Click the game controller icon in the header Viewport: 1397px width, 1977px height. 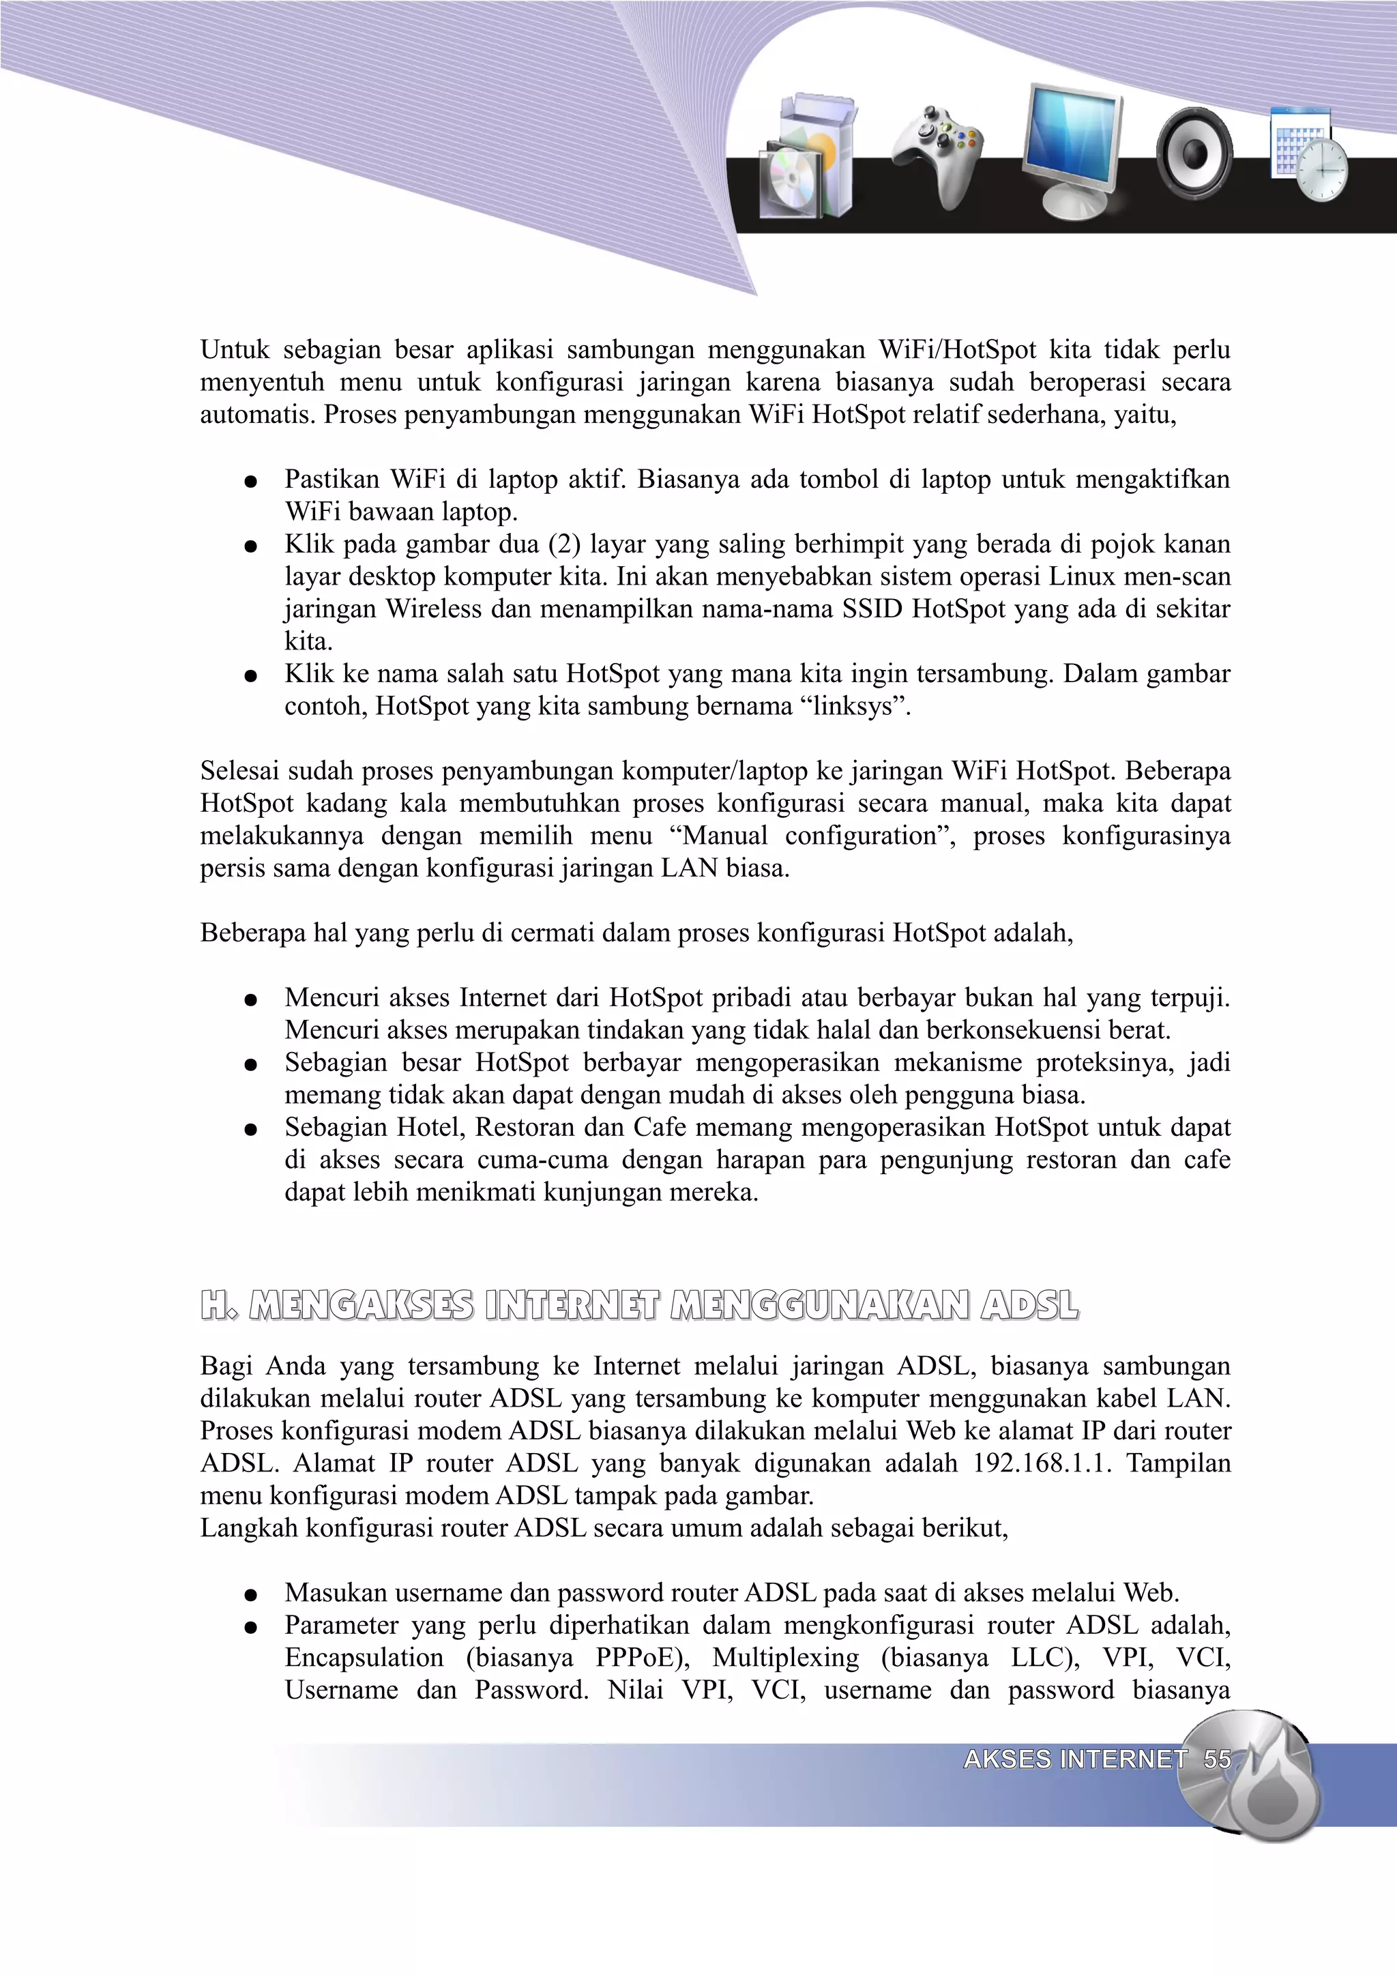click(x=938, y=155)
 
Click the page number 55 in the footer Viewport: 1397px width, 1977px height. click(x=1216, y=1759)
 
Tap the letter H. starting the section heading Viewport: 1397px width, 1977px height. click(x=219, y=1305)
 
